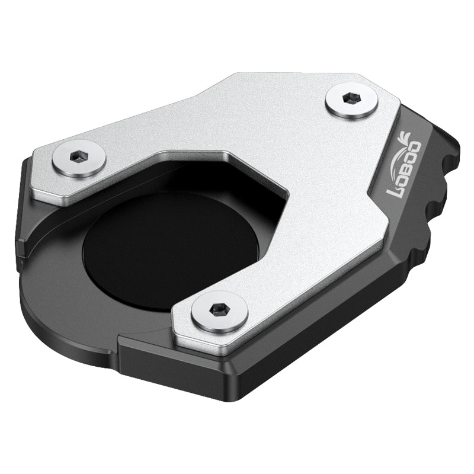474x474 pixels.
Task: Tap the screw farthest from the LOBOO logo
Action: pyautogui.click(x=79, y=158)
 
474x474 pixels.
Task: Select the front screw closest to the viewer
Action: pyautogui.click(x=219, y=310)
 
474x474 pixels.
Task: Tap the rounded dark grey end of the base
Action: pyautogui.click(x=53, y=308)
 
